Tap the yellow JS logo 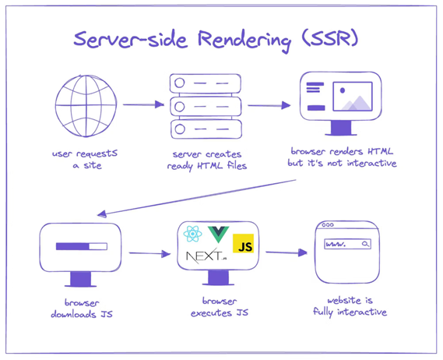pos(243,243)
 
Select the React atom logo pos(192,234)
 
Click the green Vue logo pos(218,235)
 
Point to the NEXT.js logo pos(206,256)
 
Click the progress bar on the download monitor pos(82,246)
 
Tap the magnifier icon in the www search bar pos(365,244)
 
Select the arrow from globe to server pos(143,104)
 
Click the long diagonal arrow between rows pos(197,197)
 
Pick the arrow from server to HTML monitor pos(269,105)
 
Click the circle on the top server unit pos(179,83)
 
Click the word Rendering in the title pos(244,40)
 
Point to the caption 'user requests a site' pos(85,160)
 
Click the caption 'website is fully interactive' pos(350,306)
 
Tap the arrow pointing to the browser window pos(287,252)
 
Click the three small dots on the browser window pos(328,225)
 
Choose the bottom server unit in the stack pos(206,129)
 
